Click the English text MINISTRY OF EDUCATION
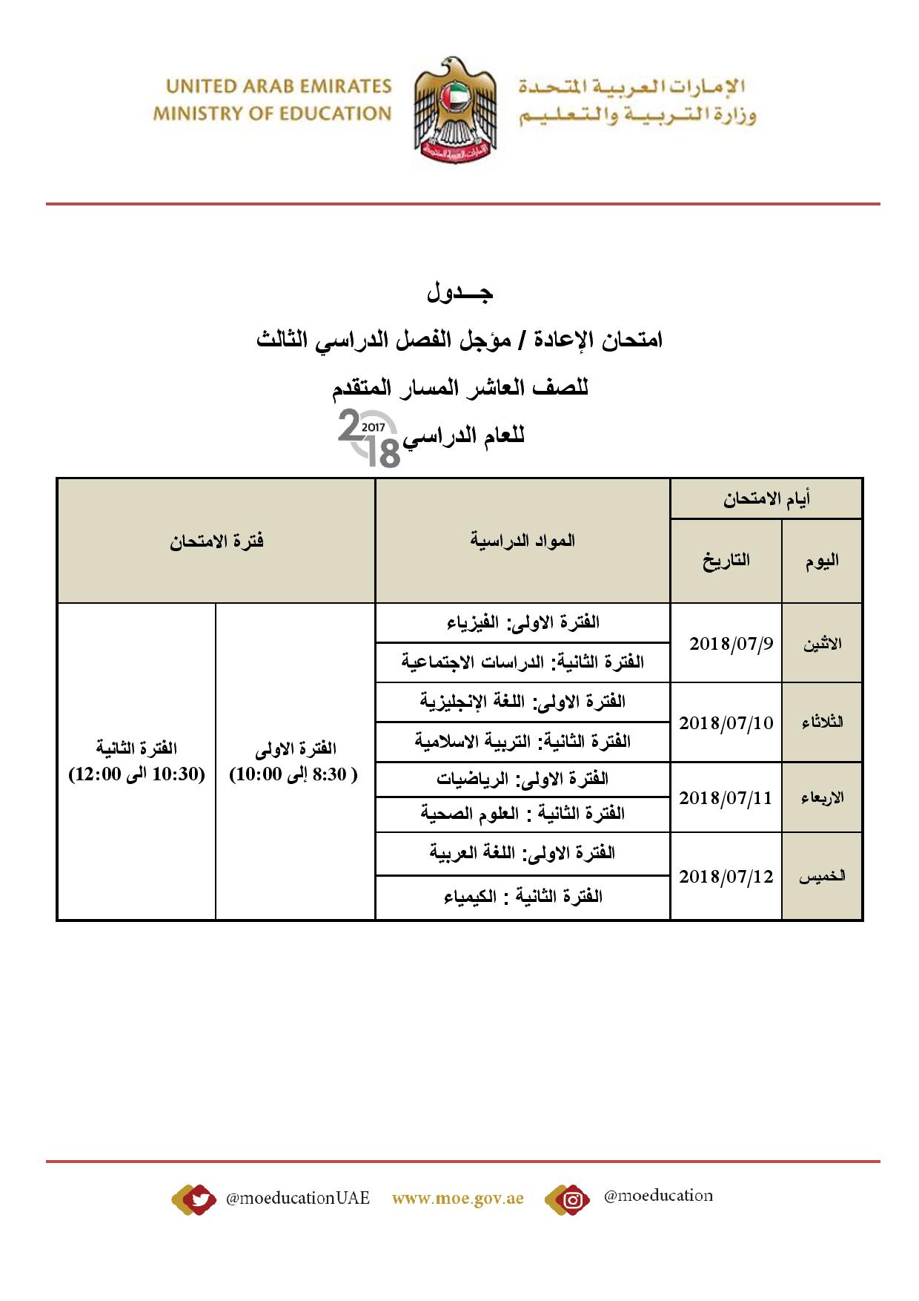(x=272, y=114)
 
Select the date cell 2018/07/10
(x=726, y=722)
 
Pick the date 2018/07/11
(x=726, y=798)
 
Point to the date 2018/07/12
(x=726, y=877)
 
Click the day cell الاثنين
(x=822, y=644)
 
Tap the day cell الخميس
(x=822, y=877)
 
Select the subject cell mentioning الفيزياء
(x=523, y=622)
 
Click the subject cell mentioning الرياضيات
(x=523, y=779)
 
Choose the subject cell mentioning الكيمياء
(x=523, y=897)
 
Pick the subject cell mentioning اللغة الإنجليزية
(x=523, y=702)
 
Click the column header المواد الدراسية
(x=523, y=541)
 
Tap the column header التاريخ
(x=726, y=561)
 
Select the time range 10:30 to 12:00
(x=137, y=775)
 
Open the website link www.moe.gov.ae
(x=458, y=1198)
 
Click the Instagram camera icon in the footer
(x=571, y=1199)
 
